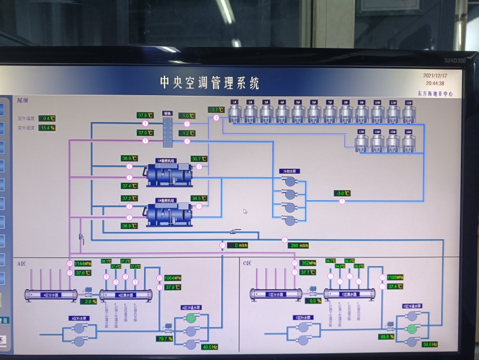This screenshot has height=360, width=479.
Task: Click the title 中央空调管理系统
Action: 210,83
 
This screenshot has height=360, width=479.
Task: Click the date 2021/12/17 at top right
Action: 435,76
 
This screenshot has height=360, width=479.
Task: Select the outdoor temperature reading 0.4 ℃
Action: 47,118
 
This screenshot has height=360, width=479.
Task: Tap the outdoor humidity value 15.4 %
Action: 47,128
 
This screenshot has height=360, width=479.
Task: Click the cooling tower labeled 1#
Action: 234,113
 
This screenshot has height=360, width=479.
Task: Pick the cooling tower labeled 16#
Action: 409,142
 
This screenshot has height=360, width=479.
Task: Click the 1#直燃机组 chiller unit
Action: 169,174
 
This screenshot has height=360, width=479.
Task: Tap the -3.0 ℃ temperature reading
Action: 342,193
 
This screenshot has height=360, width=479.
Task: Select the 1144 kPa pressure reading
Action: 83,264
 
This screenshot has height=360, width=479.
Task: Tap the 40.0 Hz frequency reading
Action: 210,347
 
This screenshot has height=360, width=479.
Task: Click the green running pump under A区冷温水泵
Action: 191,318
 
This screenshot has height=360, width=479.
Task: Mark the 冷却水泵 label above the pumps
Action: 288,171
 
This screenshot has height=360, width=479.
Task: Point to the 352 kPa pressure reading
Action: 308,263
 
